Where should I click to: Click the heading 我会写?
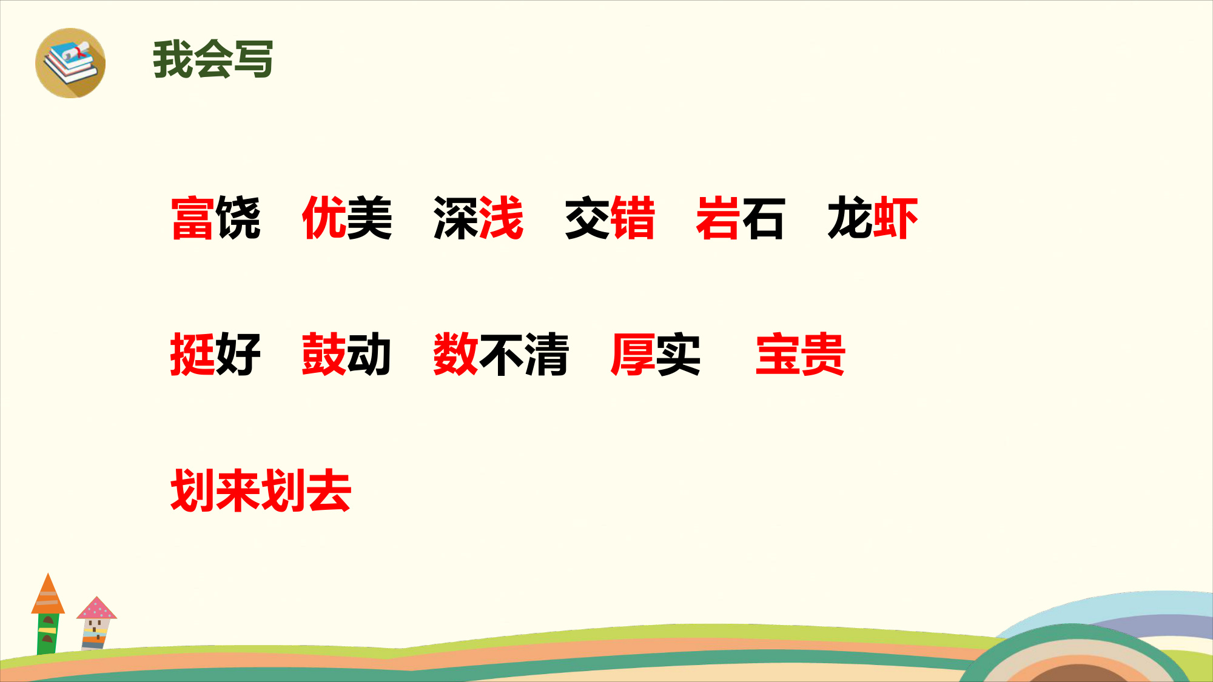[x=213, y=59]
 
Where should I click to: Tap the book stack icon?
[x=70, y=63]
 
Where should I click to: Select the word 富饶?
[x=216, y=218]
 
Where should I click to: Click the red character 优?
[x=324, y=218]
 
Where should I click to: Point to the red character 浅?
[x=501, y=218]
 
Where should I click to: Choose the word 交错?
[x=610, y=218]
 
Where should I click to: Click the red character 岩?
[x=719, y=218]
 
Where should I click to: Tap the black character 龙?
[x=850, y=218]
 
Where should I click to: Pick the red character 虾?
[x=895, y=218]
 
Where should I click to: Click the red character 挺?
[x=193, y=355]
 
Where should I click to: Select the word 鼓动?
[x=346, y=355]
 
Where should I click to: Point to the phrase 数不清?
[x=501, y=355]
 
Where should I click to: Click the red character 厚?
[x=633, y=355]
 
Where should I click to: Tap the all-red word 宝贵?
[x=801, y=355]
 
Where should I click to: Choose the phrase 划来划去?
[x=261, y=491]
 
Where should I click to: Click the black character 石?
[x=764, y=218]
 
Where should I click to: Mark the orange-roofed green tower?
[x=48, y=613]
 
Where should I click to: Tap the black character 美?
[x=369, y=218]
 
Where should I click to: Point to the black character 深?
[x=456, y=218]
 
